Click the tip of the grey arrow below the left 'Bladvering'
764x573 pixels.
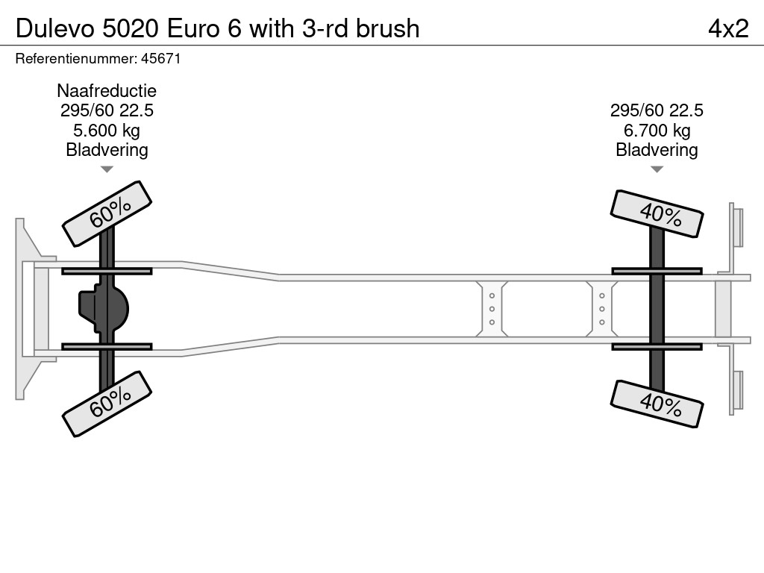tap(107, 172)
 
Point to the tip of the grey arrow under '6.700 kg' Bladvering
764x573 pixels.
tap(657, 172)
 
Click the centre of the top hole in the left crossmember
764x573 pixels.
tap(492, 295)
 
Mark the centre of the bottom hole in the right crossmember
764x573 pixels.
tap(602, 322)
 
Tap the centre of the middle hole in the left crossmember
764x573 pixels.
tap(492, 309)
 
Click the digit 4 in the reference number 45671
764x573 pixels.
tap(145, 59)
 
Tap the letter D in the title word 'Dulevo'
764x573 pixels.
tap(24, 29)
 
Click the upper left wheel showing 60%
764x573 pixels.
tap(107, 213)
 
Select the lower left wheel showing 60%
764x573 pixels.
tap(107, 404)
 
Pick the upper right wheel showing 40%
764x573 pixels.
tap(657, 214)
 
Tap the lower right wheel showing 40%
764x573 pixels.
tap(657, 404)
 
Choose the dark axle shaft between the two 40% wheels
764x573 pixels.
tap(657, 309)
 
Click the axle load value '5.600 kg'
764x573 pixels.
tap(107, 131)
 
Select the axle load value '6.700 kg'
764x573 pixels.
tap(657, 131)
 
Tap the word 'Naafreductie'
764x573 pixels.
tap(107, 90)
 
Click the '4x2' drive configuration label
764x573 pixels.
tap(728, 29)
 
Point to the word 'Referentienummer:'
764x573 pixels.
tap(77, 59)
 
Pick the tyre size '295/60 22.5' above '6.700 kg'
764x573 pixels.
tap(657, 110)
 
